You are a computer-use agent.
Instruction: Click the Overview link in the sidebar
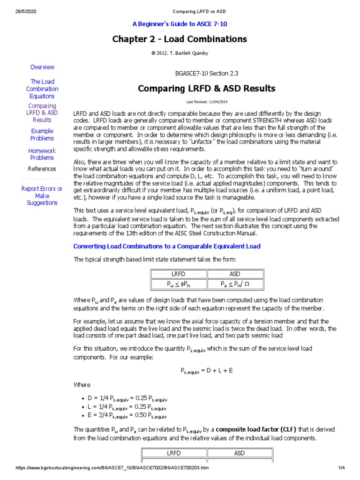tap(42, 67)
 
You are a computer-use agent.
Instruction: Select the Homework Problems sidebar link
tap(42, 154)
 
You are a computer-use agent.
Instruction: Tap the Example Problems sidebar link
tap(42, 135)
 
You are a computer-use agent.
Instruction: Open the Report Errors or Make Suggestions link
tap(42, 195)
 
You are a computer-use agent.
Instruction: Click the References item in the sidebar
tap(42, 169)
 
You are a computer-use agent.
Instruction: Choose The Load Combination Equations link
tap(42, 89)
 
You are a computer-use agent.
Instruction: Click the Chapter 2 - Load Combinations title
tap(180, 39)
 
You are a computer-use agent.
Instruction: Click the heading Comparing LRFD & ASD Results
tap(206, 89)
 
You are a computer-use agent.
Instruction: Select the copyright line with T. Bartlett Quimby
tap(180, 53)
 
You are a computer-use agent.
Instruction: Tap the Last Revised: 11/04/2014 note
tap(206, 102)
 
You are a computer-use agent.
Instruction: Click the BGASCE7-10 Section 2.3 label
tap(206, 74)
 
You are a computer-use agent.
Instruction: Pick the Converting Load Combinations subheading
tap(167, 246)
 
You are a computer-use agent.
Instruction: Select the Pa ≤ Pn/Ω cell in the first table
tap(235, 284)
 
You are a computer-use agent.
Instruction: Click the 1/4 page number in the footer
tap(342, 468)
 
